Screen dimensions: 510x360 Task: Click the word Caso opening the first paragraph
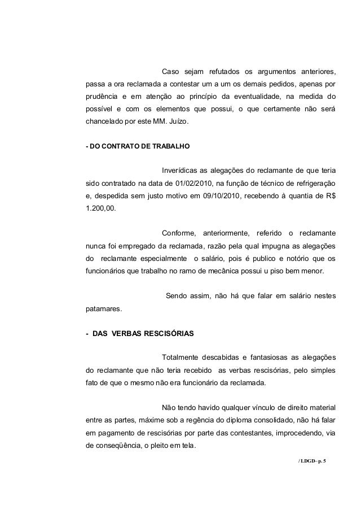(x=172, y=72)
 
